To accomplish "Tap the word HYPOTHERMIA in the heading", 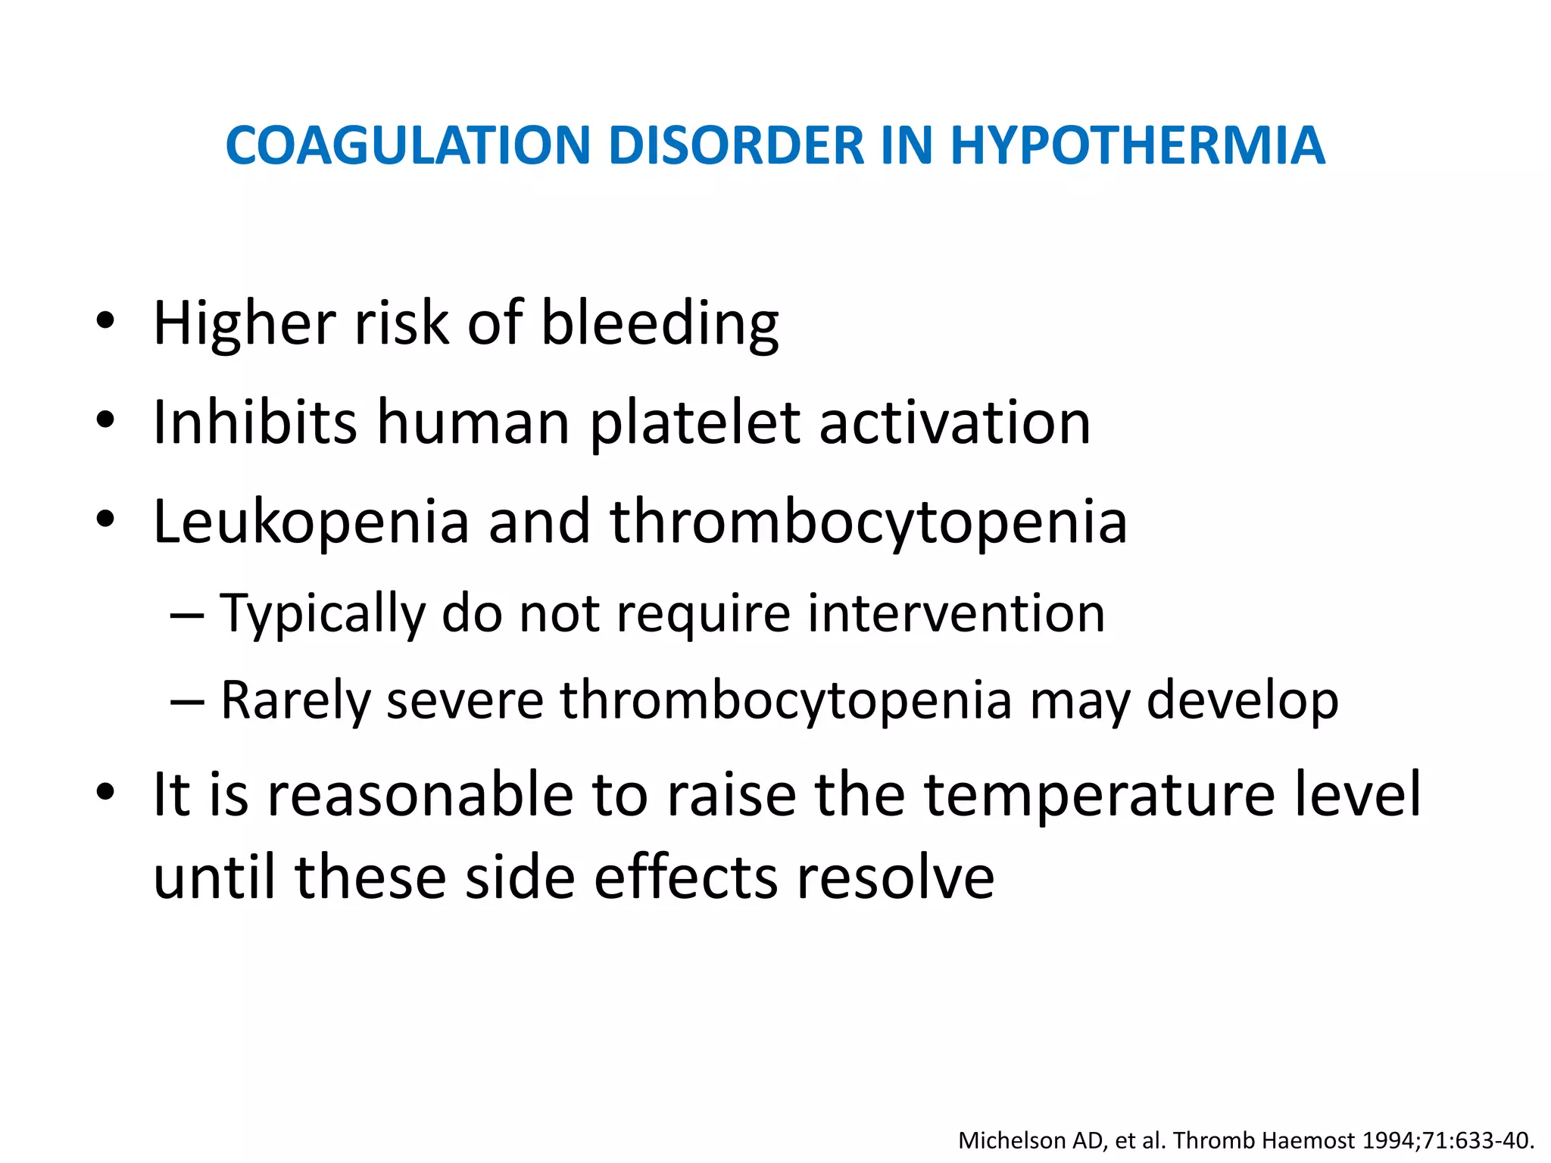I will [1137, 145].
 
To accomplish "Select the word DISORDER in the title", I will [735, 145].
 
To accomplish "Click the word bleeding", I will [660, 324].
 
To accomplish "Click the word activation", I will [955, 422].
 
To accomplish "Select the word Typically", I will [323, 614].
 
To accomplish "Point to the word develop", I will [1242, 701].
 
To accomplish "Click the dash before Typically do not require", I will [187, 614].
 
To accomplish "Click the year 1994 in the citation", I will [1390, 1140].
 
